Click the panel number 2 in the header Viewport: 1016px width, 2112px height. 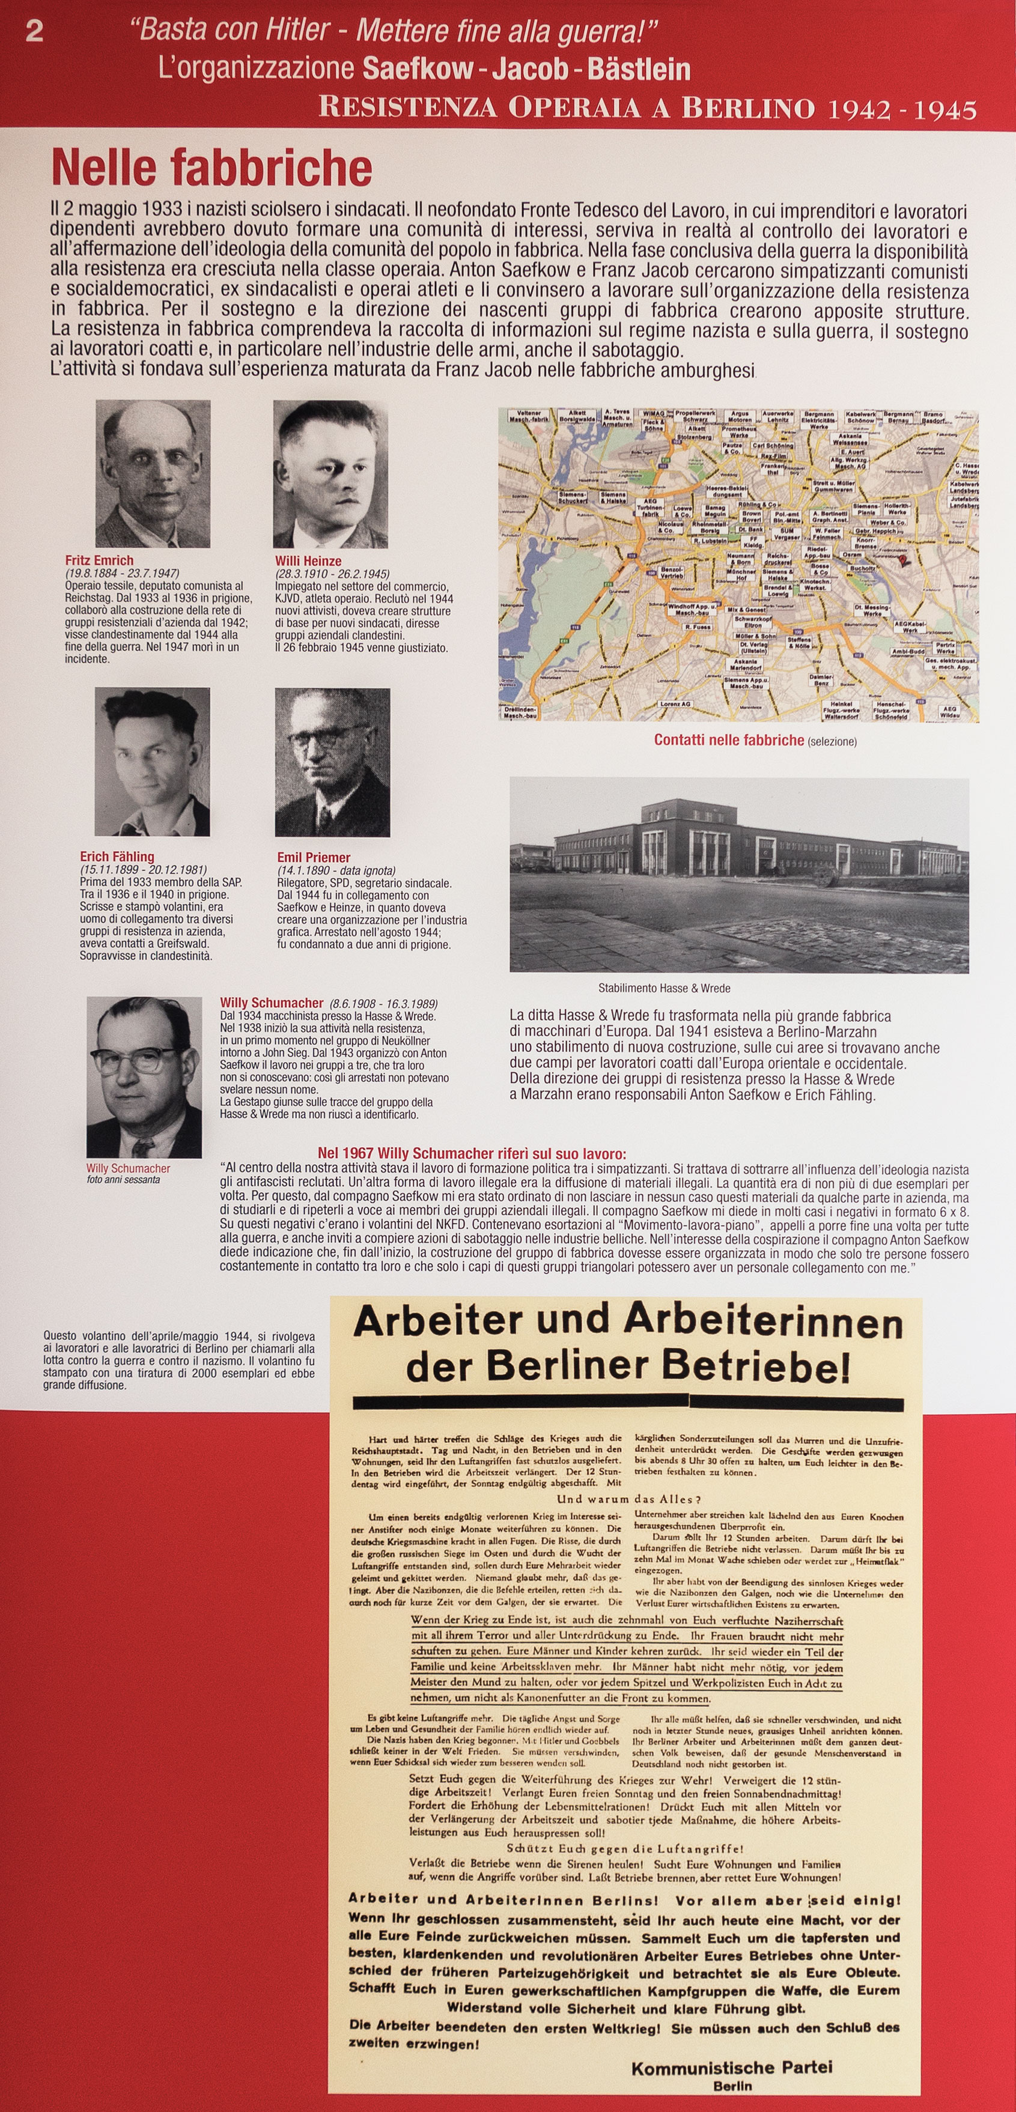[x=34, y=32]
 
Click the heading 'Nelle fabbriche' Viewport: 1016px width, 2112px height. [x=211, y=169]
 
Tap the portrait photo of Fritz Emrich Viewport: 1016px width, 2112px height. [x=153, y=473]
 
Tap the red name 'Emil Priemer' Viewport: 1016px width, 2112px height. [x=313, y=858]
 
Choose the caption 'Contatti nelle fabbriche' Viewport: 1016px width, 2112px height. [x=728, y=741]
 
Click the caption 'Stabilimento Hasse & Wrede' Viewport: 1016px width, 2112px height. [x=663, y=988]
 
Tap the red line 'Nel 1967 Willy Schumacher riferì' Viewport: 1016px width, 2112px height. [x=472, y=1153]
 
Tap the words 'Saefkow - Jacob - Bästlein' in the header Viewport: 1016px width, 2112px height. [x=526, y=69]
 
